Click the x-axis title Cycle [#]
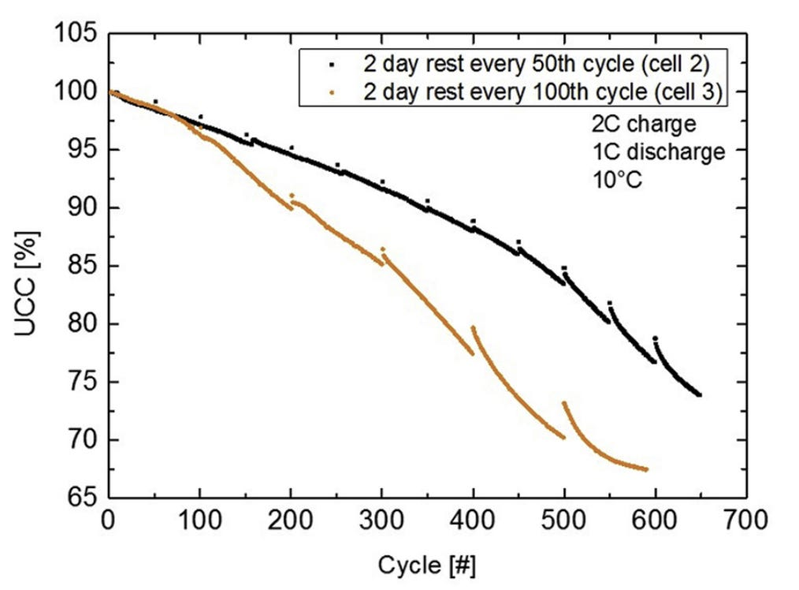point(426,566)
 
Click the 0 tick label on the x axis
point(109,521)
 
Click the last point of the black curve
point(700,394)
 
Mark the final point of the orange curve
point(646,469)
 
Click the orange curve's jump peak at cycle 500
point(564,403)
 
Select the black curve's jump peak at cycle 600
point(656,338)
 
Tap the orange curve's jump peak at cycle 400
point(473,327)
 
